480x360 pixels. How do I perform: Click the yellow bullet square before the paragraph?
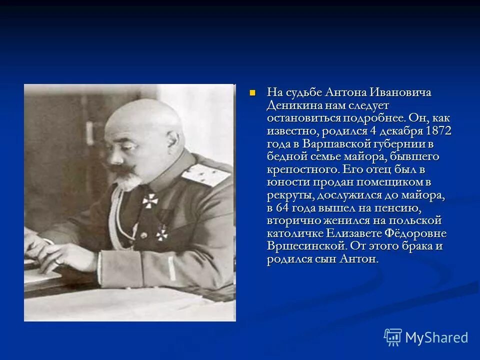pyautogui.click(x=252, y=92)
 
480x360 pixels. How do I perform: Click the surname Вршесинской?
pyautogui.click(x=306, y=246)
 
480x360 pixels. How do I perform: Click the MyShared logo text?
pyautogui.click(x=436, y=337)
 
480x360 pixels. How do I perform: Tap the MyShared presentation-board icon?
pyautogui.click(x=392, y=337)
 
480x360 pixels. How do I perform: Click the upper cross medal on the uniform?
pyautogui.click(x=149, y=200)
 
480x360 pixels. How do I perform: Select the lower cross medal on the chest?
pyautogui.click(x=161, y=232)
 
